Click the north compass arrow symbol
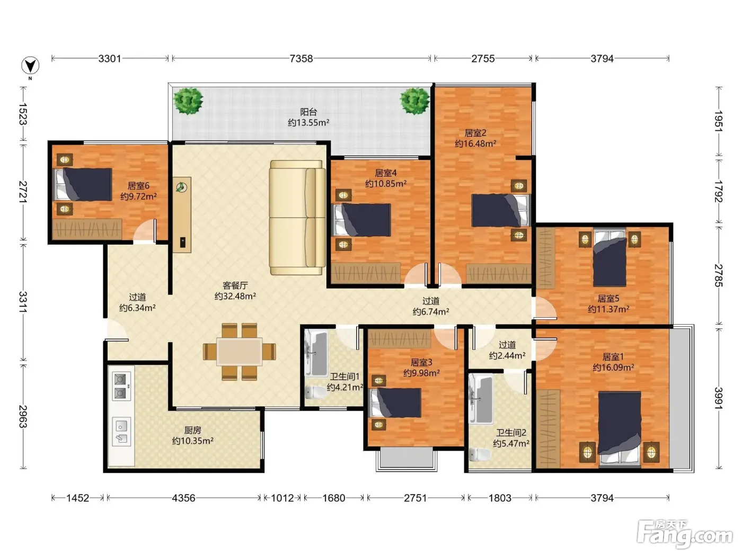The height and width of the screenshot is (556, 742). pyautogui.click(x=30, y=66)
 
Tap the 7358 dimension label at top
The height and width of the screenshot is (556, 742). pyautogui.click(x=301, y=59)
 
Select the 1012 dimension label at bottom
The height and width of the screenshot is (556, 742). pyautogui.click(x=282, y=498)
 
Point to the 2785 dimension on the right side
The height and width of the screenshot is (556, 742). pyautogui.click(x=719, y=275)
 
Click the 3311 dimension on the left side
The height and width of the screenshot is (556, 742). pyautogui.click(x=23, y=302)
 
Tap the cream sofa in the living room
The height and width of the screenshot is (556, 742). pyautogui.click(x=297, y=218)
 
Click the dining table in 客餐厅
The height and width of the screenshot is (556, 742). pyautogui.click(x=240, y=351)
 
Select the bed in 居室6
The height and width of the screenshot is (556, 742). pyautogui.click(x=83, y=185)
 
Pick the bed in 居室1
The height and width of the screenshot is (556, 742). pyautogui.click(x=619, y=429)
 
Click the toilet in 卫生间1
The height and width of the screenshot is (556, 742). pyautogui.click(x=315, y=392)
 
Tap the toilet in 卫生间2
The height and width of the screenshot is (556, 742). pyautogui.click(x=480, y=454)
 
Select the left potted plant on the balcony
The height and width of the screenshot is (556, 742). pyautogui.click(x=188, y=101)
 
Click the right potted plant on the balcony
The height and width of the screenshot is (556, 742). pyautogui.click(x=414, y=101)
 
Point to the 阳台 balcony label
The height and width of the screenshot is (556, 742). pyautogui.click(x=308, y=112)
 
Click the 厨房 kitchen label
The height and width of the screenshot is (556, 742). pyautogui.click(x=192, y=430)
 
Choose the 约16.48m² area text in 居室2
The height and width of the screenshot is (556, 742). pyautogui.click(x=475, y=144)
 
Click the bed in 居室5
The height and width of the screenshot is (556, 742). pyautogui.click(x=609, y=258)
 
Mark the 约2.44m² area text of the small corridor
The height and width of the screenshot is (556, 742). pyautogui.click(x=507, y=355)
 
